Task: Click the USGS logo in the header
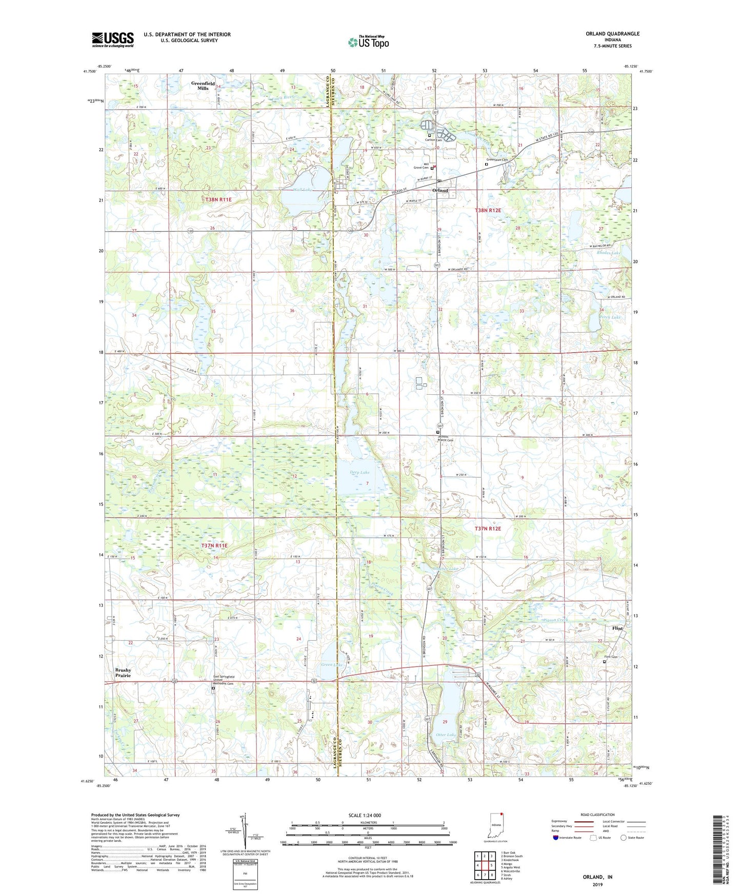113,39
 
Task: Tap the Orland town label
440,190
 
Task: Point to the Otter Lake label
446,735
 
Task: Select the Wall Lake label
303,190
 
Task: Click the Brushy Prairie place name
123,673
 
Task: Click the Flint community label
617,628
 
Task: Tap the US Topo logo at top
368,42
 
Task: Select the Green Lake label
331,665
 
